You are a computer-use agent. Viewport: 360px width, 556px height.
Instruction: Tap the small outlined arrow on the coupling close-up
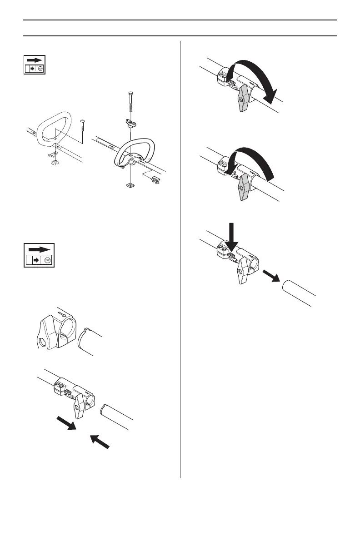pos(63,313)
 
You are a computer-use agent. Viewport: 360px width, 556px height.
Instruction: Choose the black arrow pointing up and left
pos(100,442)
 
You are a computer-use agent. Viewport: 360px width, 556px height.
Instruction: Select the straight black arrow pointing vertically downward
pos(232,236)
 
